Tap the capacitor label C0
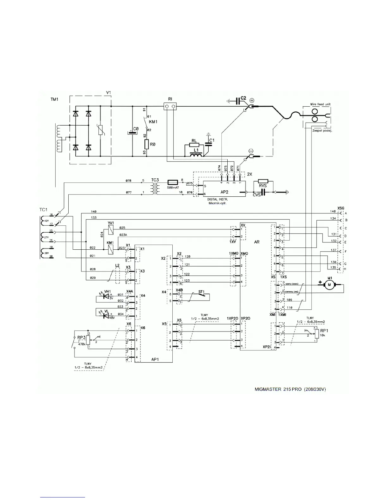pyautogui.click(x=136, y=129)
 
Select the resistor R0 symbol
pyautogui.click(x=146, y=144)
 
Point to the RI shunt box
pyautogui.click(x=170, y=107)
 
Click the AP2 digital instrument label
pyautogui.click(x=225, y=192)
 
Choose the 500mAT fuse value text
pyautogui.click(x=173, y=187)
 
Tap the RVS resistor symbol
pyautogui.click(x=263, y=182)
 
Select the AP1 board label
pyautogui.click(x=155, y=360)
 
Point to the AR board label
pyautogui.click(x=257, y=241)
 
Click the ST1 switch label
pyautogui.click(x=201, y=291)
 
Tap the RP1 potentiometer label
pyautogui.click(x=324, y=330)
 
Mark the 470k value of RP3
pyautogui.click(x=82, y=344)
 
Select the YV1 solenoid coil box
pyautogui.click(x=110, y=231)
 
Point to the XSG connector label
pyautogui.click(x=341, y=208)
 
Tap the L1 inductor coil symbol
pyautogui.click(x=196, y=155)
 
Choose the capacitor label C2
pyautogui.click(x=243, y=98)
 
